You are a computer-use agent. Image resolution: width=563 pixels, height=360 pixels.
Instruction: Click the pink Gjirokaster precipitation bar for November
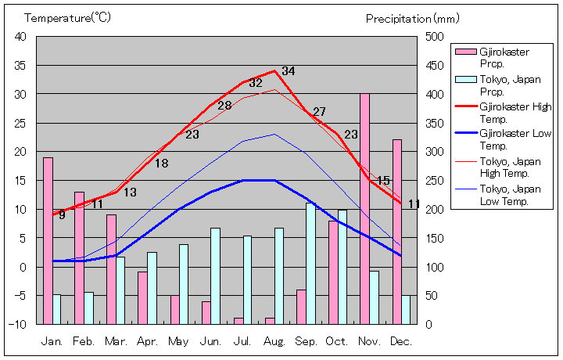point(364,209)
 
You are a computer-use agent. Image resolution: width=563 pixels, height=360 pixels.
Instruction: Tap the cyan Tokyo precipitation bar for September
point(310,264)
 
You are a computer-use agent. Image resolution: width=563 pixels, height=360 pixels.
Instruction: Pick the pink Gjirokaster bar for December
point(397,232)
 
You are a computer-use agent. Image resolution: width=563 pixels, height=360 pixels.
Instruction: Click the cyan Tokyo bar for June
point(215,275)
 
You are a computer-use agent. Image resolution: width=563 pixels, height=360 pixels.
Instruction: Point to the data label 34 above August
point(289,71)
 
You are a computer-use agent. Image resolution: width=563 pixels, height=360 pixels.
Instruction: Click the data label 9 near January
point(62,215)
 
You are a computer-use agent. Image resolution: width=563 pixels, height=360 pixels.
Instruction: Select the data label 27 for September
point(319,112)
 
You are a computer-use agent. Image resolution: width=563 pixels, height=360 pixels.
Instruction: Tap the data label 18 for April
point(161,164)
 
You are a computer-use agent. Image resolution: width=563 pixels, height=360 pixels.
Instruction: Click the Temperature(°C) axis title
point(68,17)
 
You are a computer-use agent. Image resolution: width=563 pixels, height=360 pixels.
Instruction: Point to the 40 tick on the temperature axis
point(20,37)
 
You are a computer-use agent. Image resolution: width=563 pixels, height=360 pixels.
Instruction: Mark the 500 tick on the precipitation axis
point(435,37)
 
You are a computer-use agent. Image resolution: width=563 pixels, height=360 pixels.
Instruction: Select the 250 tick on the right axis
point(435,181)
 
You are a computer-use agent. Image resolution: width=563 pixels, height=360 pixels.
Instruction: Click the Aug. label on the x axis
point(274,342)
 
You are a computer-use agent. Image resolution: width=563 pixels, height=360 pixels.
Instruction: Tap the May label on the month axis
point(178,342)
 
